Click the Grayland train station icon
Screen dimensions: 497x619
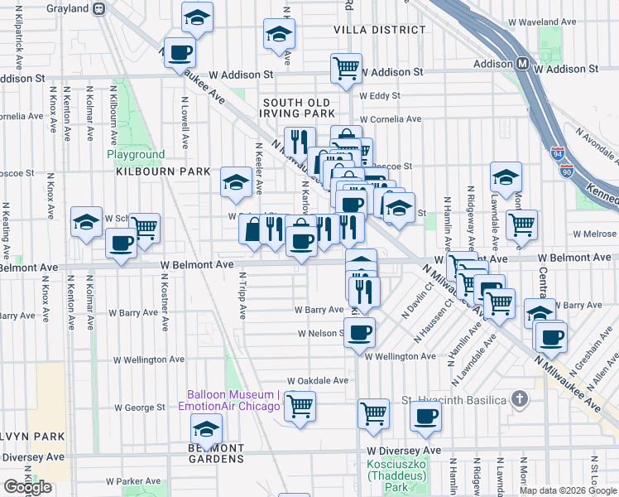(x=98, y=8)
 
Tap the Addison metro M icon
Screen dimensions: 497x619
(x=523, y=64)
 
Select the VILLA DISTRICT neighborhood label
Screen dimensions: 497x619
(x=380, y=29)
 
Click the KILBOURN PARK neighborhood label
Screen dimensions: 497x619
(x=152, y=171)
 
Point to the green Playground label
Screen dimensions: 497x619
(x=136, y=154)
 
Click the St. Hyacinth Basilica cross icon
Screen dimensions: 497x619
(x=519, y=400)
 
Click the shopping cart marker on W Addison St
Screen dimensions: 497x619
(x=345, y=67)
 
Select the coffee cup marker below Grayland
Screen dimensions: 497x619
(x=179, y=52)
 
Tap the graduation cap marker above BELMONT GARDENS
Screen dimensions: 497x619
(x=206, y=427)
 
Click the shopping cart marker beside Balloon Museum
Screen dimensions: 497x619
(x=299, y=405)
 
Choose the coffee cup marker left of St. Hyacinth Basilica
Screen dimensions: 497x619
(x=425, y=416)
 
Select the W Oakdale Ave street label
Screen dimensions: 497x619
(x=319, y=380)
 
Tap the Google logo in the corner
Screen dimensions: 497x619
(x=28, y=487)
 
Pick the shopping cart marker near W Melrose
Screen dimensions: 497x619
(x=522, y=224)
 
